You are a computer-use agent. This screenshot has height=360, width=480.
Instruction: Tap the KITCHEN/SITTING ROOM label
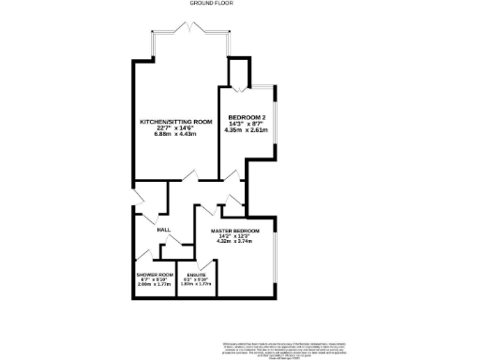[x=176, y=122]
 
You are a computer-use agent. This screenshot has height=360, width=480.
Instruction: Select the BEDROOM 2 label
[x=246, y=117]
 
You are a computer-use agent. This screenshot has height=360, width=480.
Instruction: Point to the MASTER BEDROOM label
[x=234, y=230]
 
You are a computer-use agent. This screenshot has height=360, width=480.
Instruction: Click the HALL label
[x=162, y=230]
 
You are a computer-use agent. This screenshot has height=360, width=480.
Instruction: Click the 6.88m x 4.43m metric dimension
[x=176, y=135]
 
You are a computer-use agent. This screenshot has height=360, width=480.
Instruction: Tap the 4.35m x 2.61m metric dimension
[x=246, y=130]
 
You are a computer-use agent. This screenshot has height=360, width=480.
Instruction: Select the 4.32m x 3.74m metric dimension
[x=234, y=241]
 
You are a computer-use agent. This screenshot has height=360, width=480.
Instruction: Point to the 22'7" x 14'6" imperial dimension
[x=176, y=128]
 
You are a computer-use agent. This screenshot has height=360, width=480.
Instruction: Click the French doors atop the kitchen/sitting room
[x=192, y=31]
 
